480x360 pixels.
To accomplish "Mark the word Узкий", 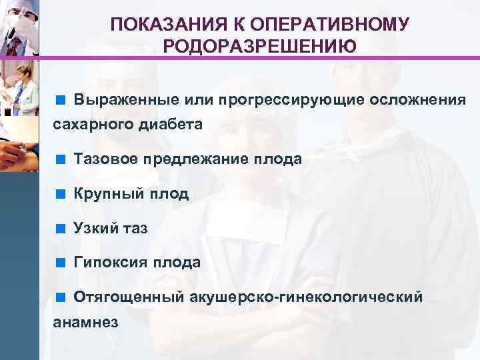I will coord(97,228).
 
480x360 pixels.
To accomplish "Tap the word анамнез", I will coord(85,321).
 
